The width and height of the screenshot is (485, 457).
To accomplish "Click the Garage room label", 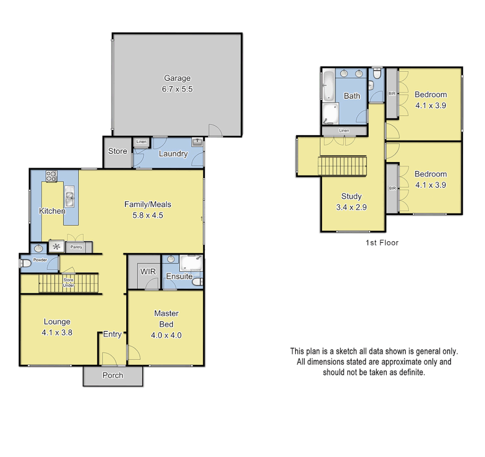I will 177,78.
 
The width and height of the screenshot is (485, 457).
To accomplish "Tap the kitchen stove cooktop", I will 51,176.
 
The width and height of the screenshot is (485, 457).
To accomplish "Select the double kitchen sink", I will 70,195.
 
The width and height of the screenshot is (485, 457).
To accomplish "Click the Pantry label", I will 76,247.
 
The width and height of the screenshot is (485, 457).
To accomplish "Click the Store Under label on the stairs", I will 69,283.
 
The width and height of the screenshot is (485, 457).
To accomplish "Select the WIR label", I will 148,272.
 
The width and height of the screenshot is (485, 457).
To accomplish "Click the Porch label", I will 113,375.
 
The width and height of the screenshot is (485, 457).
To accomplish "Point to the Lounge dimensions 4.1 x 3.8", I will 57,333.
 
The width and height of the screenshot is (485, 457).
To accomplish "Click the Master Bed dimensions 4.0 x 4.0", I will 166,335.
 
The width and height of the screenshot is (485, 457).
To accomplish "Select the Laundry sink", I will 197,142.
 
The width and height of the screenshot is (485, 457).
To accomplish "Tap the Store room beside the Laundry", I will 117,151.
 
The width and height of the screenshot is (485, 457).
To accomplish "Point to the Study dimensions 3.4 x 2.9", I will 351,207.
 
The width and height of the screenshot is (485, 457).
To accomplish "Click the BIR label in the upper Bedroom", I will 392,94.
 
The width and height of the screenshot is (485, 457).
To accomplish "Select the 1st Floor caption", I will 382,243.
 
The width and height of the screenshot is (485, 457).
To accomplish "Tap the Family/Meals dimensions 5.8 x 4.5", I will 147,215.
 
